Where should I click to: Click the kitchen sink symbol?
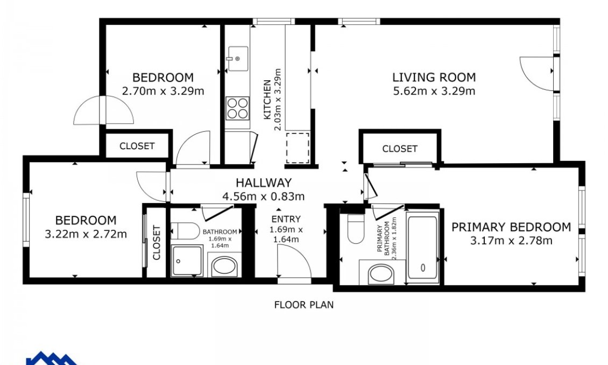[237, 58]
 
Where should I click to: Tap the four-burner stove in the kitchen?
[237, 108]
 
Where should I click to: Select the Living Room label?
[434, 77]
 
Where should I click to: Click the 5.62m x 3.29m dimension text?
[434, 91]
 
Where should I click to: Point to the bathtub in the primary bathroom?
[423, 247]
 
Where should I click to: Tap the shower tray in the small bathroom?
[187, 261]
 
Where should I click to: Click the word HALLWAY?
[264, 183]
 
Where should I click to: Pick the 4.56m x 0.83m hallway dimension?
[264, 196]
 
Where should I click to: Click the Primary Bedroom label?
[511, 227]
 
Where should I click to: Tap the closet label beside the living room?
[400, 149]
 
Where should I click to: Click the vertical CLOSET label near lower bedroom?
[157, 242]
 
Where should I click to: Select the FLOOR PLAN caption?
[304, 305]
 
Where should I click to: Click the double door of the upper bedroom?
[103, 110]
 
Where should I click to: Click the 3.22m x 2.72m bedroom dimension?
[86, 234]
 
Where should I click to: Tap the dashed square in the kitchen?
[298, 148]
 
